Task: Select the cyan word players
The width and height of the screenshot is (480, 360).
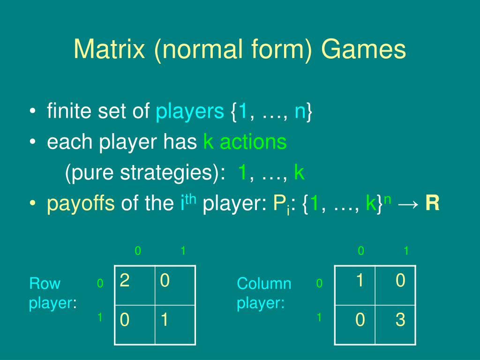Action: click(189, 112)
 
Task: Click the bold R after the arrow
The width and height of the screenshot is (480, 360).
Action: click(432, 204)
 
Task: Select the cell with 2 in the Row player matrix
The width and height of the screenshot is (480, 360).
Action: click(135, 285)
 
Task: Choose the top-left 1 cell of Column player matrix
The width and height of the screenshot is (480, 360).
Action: click(355, 285)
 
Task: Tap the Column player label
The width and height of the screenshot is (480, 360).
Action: click(264, 293)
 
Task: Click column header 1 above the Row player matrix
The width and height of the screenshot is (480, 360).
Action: click(183, 251)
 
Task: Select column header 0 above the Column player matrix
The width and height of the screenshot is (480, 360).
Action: click(360, 251)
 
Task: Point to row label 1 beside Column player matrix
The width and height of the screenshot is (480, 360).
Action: click(319, 317)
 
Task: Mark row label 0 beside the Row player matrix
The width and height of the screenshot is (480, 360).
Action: click(99, 283)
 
